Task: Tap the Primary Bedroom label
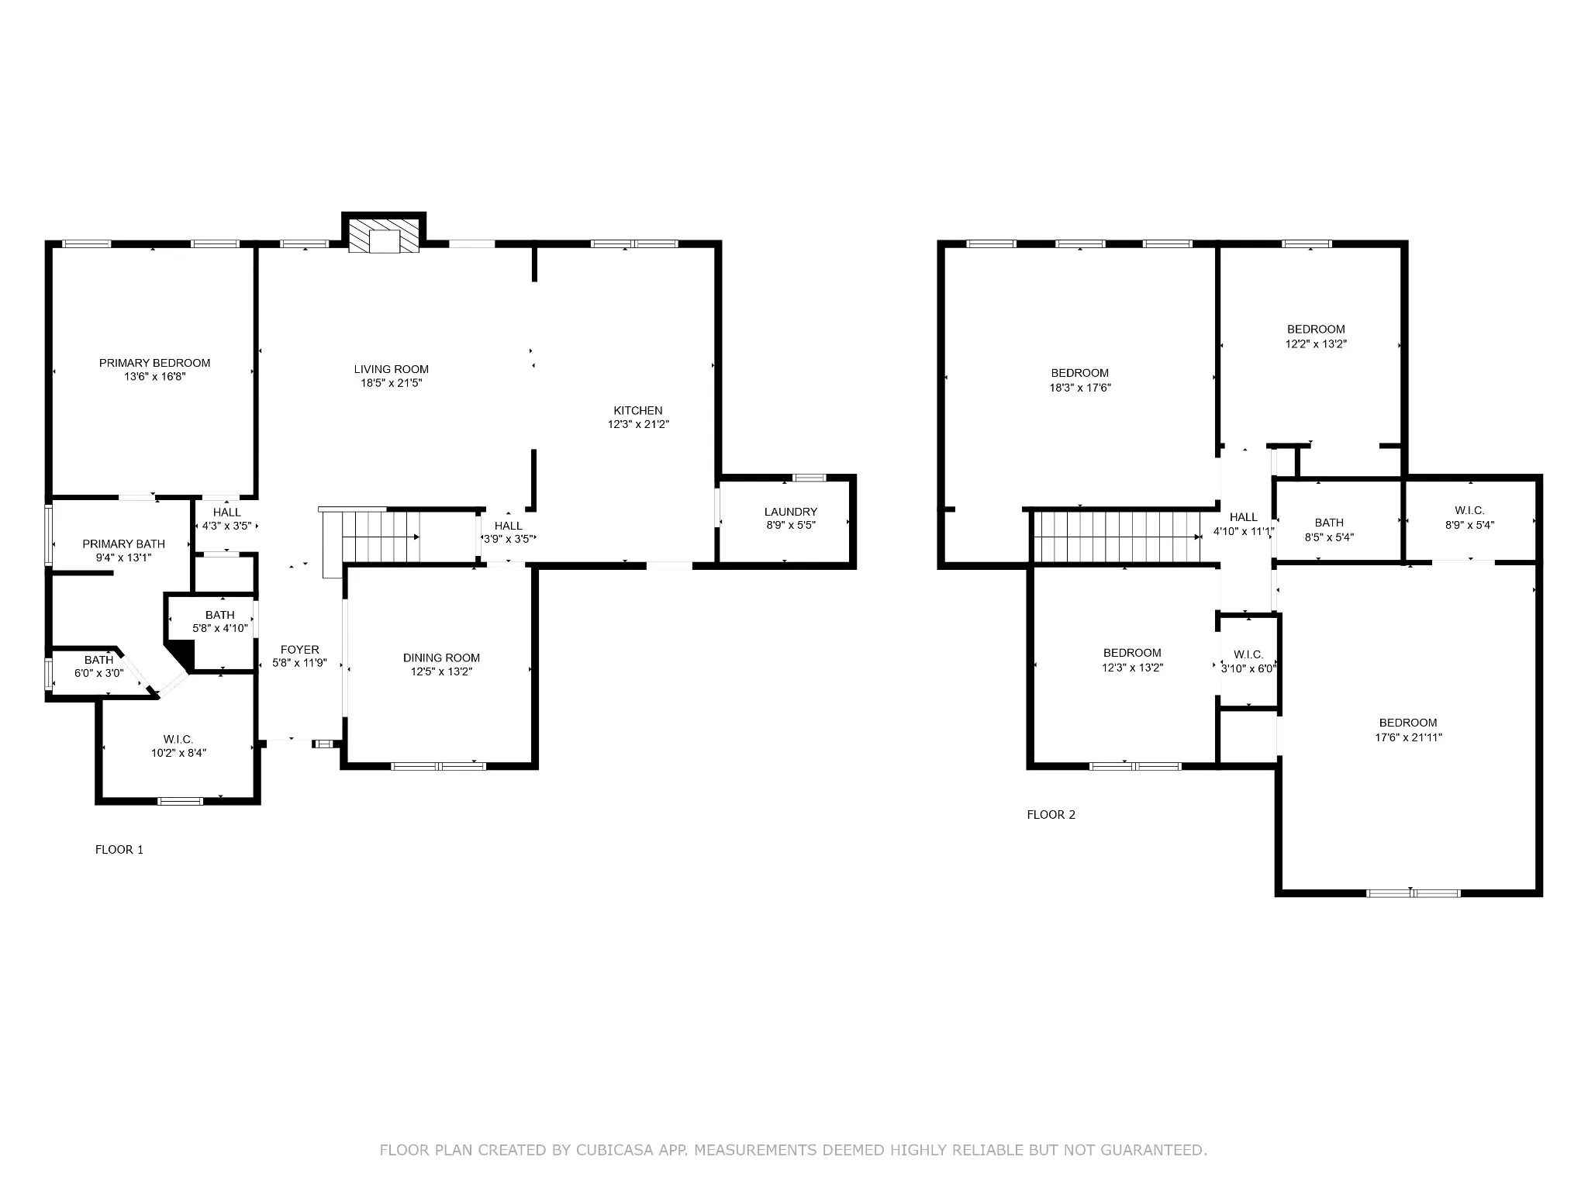154,363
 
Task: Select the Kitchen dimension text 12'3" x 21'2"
638,425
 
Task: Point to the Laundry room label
790,512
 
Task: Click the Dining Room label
441,658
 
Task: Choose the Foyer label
299,650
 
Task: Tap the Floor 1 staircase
371,535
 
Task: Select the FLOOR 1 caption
119,850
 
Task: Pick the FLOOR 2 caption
1051,815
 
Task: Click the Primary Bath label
124,544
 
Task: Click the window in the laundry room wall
810,478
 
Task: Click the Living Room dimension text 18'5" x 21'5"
392,383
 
